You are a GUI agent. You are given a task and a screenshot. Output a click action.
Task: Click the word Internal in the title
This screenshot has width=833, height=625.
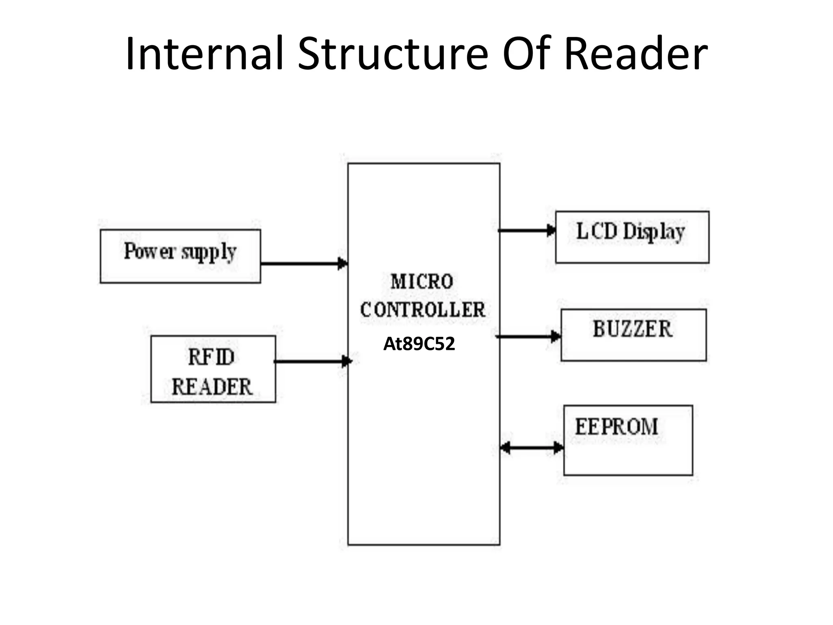click(204, 54)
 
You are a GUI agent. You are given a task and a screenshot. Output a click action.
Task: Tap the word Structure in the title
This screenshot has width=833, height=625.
click(393, 54)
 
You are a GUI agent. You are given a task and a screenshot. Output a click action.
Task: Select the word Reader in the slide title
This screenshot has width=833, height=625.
click(635, 54)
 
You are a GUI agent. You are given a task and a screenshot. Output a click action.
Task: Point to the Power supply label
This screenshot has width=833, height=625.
click(180, 251)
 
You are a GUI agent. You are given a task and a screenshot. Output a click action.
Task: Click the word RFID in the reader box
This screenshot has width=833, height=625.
click(212, 358)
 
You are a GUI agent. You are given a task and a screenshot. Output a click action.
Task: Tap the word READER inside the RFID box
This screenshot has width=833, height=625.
click(212, 387)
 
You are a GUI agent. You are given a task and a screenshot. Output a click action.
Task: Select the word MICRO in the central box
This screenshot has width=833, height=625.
click(422, 282)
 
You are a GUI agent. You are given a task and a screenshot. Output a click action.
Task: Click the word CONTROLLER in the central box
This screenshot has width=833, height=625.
click(423, 310)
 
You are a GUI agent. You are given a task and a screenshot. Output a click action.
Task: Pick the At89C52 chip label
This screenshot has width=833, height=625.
click(419, 344)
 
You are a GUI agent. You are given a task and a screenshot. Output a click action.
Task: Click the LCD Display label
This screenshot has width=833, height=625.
click(630, 232)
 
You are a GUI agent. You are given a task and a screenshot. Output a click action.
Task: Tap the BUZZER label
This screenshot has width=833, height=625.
click(632, 329)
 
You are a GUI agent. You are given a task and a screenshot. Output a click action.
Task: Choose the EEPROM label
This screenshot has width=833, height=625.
click(617, 427)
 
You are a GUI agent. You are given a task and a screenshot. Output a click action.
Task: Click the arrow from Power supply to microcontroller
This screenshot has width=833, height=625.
click(303, 264)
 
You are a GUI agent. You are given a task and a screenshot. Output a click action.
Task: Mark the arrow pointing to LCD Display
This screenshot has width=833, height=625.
click(526, 230)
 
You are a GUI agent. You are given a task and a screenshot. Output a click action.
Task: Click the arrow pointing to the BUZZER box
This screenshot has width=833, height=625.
click(528, 337)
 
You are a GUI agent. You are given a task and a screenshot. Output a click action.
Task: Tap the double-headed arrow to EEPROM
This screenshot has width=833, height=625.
click(531, 448)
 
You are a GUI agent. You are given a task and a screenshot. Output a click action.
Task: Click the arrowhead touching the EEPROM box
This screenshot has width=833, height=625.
click(558, 448)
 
